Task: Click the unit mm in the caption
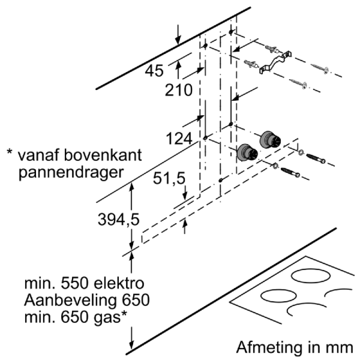click(x=339, y=347)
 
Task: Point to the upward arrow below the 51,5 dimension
click(x=184, y=225)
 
